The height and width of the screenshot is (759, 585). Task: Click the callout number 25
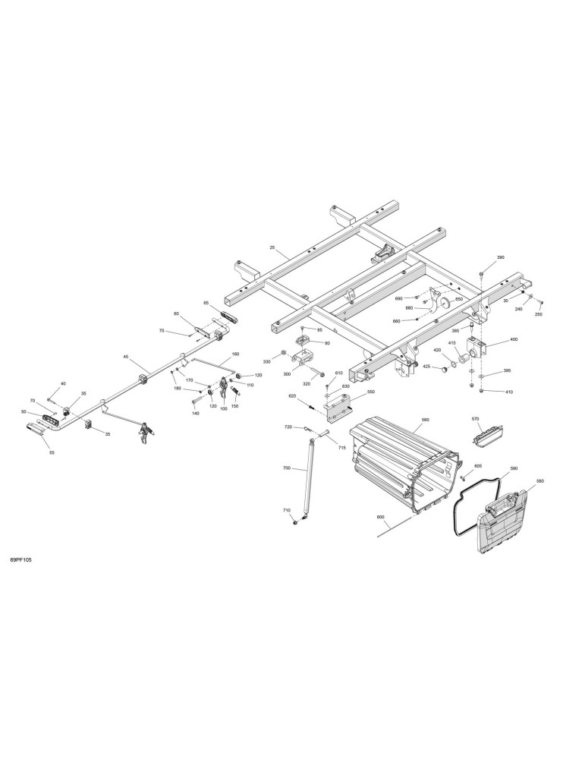point(272,248)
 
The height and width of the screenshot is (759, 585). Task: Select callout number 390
point(501,257)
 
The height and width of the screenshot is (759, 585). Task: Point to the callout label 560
point(426,420)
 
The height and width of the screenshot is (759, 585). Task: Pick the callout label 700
point(287,468)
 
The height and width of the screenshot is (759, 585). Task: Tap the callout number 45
point(126,357)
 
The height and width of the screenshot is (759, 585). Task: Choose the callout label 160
point(236,354)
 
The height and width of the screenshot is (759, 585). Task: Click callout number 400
point(514,339)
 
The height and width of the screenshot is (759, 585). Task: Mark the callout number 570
point(475,418)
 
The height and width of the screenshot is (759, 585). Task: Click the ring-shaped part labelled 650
point(445,304)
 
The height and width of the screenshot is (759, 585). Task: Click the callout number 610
point(338,373)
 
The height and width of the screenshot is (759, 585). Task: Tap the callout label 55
point(52,452)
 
